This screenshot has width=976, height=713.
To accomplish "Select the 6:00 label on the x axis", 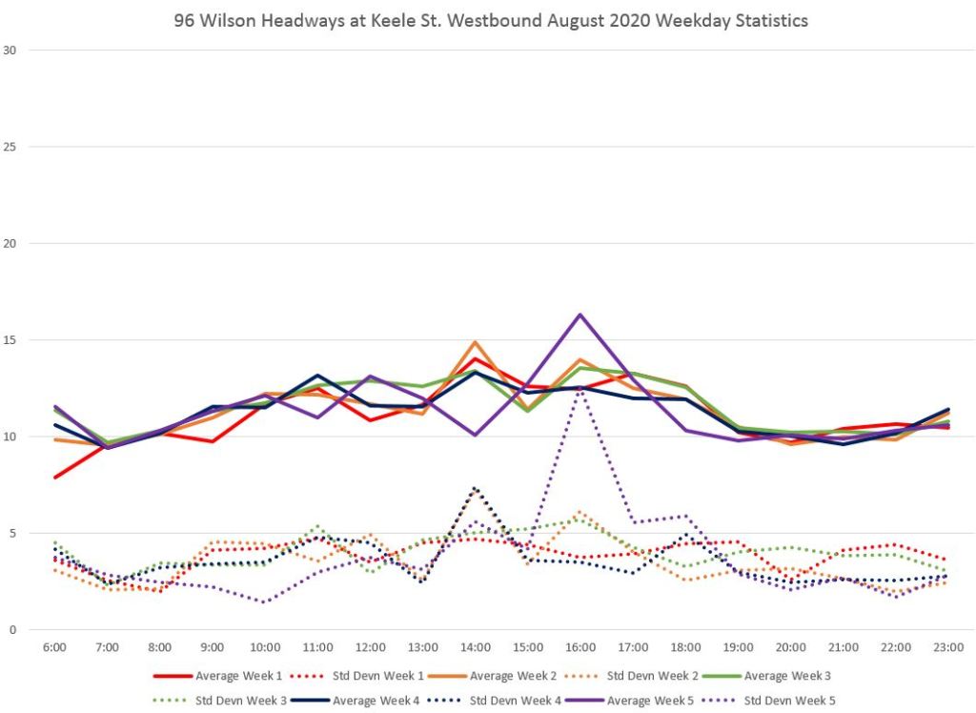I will pos(55,647).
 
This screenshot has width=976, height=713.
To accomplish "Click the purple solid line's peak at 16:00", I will pos(579,315).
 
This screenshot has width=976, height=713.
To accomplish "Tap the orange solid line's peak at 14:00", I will pos(475,342).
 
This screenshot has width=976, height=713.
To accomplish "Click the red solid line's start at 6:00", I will pos(55,477).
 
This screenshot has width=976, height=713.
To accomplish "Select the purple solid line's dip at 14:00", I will pos(475,435).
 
